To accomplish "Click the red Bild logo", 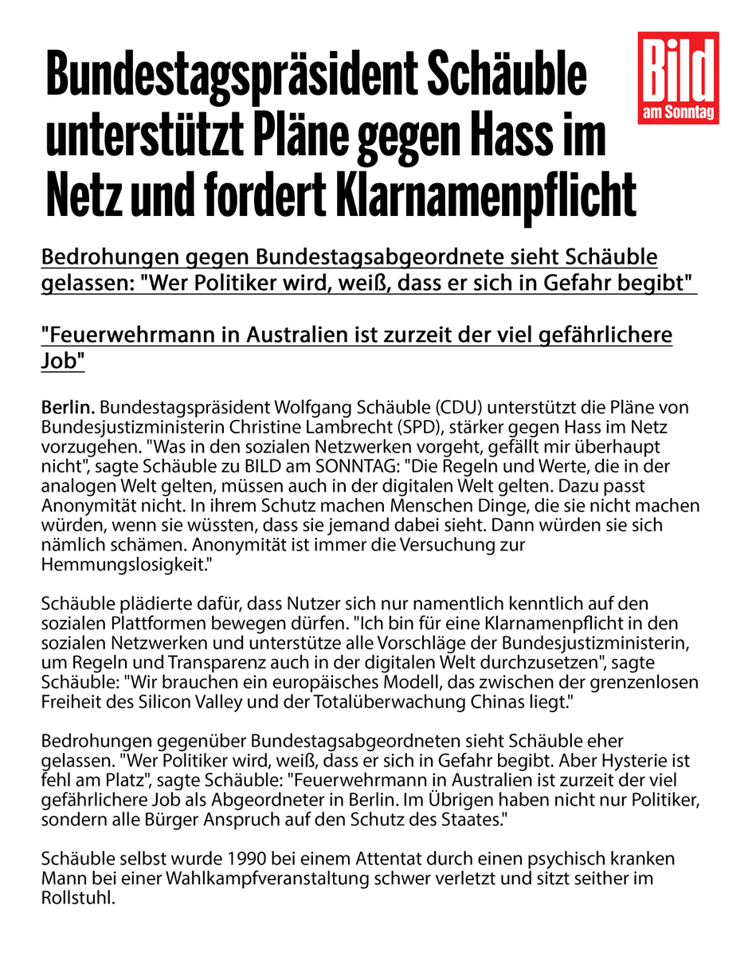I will pos(679,77).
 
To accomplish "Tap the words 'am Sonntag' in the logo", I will pos(679,115).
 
